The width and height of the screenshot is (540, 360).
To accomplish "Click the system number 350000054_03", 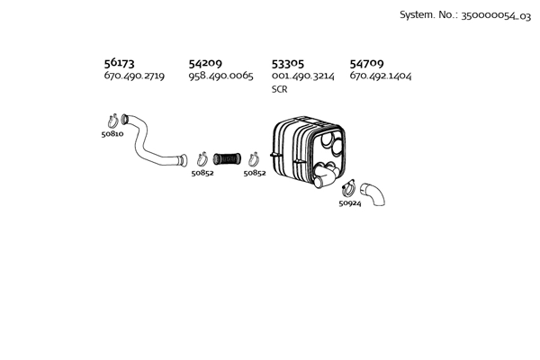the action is (x=496, y=15).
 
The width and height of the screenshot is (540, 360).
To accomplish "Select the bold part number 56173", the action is (x=119, y=63).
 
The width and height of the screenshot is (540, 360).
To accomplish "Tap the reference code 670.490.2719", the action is (x=134, y=76).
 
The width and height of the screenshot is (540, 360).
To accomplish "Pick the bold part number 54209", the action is (x=205, y=63).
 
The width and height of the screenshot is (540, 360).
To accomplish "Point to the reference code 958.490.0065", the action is (x=220, y=76).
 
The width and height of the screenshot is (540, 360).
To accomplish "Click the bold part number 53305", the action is (x=288, y=63).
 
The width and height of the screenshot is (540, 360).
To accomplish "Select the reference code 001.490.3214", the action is (x=303, y=76).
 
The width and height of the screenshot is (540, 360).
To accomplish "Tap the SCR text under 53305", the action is (x=279, y=89).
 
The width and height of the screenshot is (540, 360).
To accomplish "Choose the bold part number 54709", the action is (x=367, y=63).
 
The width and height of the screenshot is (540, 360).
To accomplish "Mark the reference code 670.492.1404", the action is (x=381, y=76).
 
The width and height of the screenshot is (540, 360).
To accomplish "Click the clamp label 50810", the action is (x=112, y=134).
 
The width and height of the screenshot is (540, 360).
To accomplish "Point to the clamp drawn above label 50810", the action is (x=113, y=121).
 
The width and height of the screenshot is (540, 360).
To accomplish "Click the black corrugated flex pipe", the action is (x=227, y=158).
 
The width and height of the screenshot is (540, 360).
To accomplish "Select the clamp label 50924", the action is (x=350, y=203).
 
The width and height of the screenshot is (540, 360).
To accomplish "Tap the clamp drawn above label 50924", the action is (x=348, y=188).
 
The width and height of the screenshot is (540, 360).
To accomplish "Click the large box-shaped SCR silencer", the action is (x=308, y=151).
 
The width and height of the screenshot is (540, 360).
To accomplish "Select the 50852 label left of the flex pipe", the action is (x=202, y=173).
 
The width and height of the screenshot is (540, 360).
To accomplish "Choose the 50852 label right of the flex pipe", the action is (x=255, y=173).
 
